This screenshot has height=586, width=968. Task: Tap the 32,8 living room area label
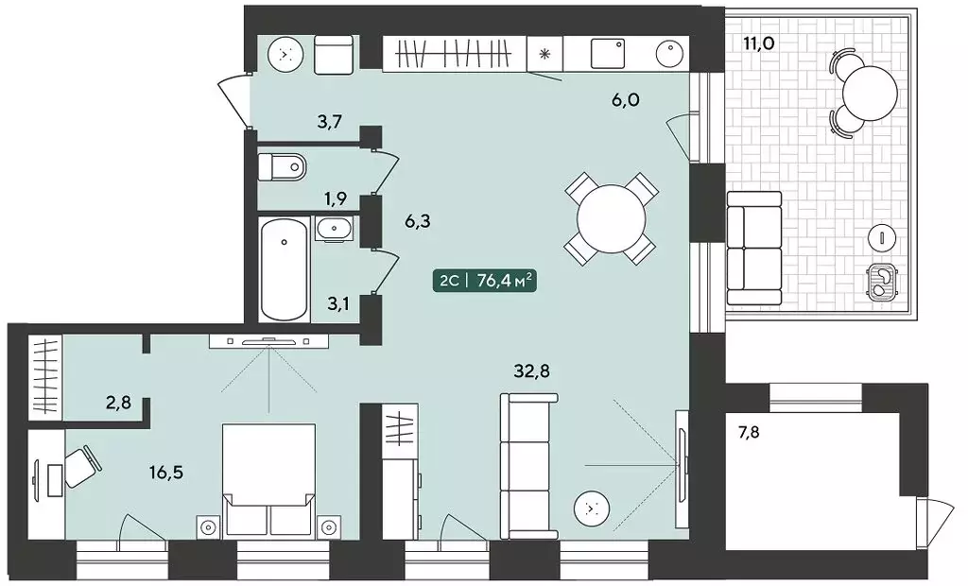(x=531, y=371)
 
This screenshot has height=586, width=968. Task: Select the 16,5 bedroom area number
(x=166, y=473)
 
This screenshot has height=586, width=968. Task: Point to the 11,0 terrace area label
(x=759, y=43)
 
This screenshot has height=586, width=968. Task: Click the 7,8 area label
(x=749, y=432)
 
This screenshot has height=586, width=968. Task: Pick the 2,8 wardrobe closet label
(x=119, y=405)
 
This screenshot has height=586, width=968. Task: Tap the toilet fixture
(x=282, y=166)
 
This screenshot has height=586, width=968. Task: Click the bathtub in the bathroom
(x=284, y=268)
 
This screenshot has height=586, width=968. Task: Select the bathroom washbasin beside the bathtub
(x=334, y=229)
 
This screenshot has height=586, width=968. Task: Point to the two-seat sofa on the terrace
(x=753, y=248)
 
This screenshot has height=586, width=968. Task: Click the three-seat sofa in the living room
(x=528, y=466)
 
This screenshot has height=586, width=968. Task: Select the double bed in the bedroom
(x=268, y=478)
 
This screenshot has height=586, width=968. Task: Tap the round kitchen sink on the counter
(x=669, y=53)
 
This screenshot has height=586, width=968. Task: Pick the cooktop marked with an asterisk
(x=544, y=54)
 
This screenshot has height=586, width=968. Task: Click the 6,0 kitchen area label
(x=626, y=100)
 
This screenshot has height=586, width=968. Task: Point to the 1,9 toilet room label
(x=336, y=198)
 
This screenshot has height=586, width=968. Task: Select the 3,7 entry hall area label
(x=330, y=122)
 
